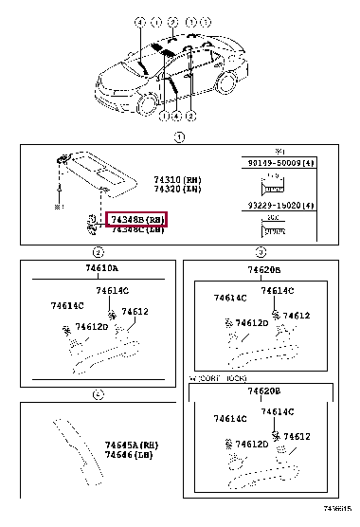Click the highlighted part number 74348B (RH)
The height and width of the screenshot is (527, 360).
point(137,219)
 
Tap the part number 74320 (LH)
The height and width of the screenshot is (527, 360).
point(174,188)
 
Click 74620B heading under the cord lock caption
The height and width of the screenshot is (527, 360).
point(264,391)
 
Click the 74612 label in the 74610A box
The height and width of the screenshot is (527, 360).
point(135,311)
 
